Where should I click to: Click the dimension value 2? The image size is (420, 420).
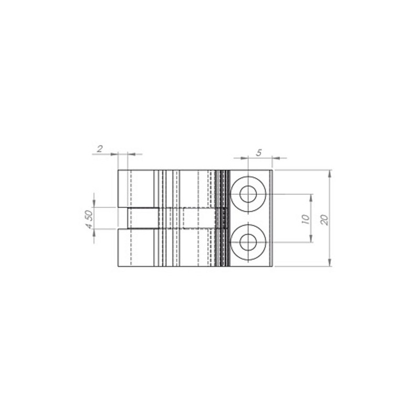100,149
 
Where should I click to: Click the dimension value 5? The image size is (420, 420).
258,153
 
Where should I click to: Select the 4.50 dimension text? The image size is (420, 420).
90,219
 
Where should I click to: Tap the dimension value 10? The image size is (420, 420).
306,219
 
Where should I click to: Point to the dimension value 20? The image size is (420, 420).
324,219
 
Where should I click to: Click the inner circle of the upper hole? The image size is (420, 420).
248,194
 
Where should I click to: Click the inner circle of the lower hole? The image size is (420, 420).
248,243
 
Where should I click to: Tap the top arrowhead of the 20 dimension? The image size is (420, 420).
330,174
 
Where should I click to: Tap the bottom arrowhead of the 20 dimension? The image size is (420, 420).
330,263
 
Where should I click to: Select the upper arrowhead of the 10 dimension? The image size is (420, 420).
311,197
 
